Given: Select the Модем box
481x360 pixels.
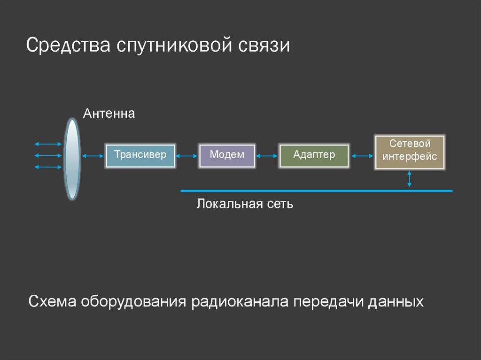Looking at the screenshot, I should pyautogui.click(x=227, y=156).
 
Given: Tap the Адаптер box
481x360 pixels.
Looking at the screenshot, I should pyautogui.click(x=314, y=156).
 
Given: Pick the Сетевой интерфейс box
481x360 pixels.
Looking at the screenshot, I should pyautogui.click(x=410, y=152).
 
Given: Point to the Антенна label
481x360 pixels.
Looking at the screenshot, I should pyautogui.click(x=109, y=114).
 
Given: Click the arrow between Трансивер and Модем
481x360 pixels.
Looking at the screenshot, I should pyautogui.click(x=186, y=156).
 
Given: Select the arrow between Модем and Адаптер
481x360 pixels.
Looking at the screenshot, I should pyautogui.click(x=267, y=156).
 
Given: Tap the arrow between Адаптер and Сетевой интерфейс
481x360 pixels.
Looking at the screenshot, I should pyautogui.click(x=361, y=156).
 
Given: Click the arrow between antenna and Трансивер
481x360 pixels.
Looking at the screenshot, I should pyautogui.click(x=93, y=156).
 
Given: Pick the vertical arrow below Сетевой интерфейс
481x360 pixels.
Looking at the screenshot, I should pyautogui.click(x=410, y=179).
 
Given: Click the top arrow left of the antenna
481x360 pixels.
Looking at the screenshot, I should pyautogui.click(x=48, y=144).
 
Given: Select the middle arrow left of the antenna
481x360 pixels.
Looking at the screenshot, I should pyautogui.click(x=48, y=155).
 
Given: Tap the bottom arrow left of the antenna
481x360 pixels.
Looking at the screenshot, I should pyautogui.click(x=48, y=167).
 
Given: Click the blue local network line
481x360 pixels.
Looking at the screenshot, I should pyautogui.click(x=316, y=191).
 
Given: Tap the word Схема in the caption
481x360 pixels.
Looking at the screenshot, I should pyautogui.click(x=53, y=301).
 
